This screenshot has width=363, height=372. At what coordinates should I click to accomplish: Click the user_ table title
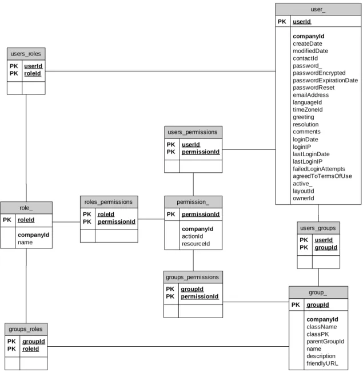click(x=318, y=10)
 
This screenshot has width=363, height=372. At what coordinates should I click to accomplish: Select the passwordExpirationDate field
click(x=325, y=81)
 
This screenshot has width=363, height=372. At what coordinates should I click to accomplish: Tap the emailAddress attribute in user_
click(x=310, y=95)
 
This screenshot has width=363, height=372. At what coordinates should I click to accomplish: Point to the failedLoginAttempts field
click(x=318, y=169)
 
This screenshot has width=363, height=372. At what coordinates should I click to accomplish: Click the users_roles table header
click(x=26, y=54)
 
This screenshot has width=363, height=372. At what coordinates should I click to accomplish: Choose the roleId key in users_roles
click(x=33, y=74)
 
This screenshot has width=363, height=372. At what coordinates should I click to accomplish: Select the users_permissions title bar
click(x=193, y=132)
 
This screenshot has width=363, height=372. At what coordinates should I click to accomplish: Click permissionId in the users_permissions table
click(x=201, y=152)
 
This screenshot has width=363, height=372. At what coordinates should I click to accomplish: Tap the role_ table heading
click(x=26, y=208)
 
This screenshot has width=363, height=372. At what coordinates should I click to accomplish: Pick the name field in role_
click(x=25, y=243)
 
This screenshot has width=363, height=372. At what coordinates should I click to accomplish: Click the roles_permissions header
click(x=109, y=202)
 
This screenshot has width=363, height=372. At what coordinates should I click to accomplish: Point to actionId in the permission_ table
click(x=193, y=236)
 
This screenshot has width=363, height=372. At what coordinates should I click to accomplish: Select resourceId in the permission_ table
click(x=196, y=244)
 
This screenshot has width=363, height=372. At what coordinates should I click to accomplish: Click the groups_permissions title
click(x=193, y=277)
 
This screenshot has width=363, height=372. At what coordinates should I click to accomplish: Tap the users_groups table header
click(x=318, y=228)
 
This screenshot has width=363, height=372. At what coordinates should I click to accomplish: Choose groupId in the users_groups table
click(x=326, y=247)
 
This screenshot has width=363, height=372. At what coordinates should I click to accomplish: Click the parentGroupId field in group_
click(x=325, y=342)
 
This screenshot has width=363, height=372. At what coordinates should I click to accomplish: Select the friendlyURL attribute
click(x=322, y=363)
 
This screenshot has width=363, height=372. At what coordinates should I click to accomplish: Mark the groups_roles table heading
click(x=26, y=329)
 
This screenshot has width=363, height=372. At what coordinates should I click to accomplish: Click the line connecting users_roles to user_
click(x=160, y=71)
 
